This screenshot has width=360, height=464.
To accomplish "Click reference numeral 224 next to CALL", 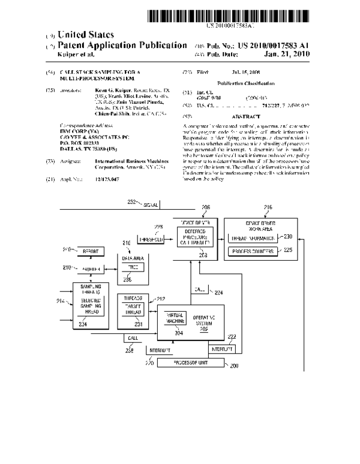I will pyautogui.click(x=220, y=293).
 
